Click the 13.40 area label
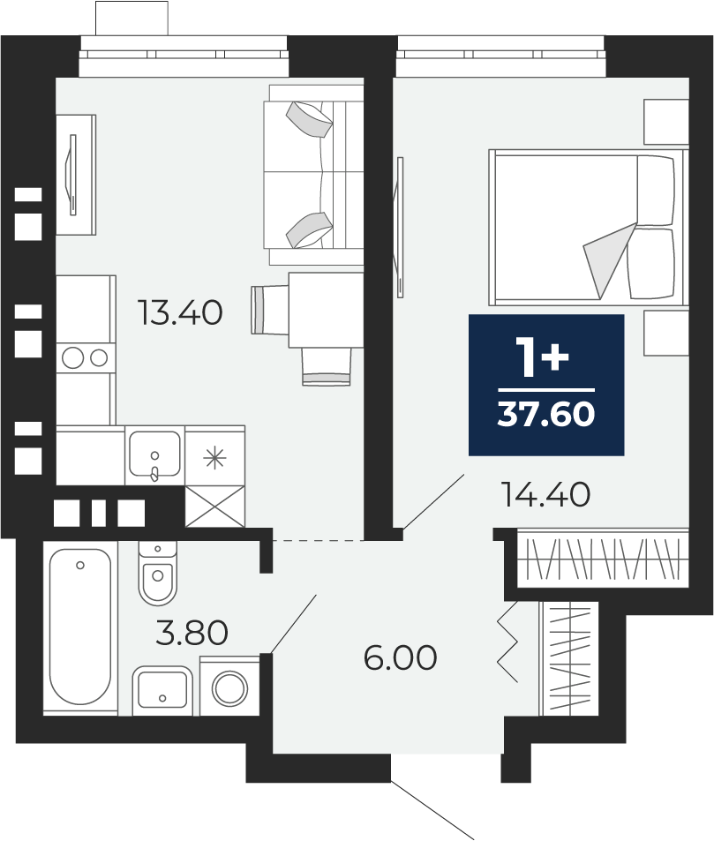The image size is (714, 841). [x=180, y=312]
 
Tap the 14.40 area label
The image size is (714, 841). [x=545, y=494]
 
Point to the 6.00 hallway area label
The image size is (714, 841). [x=400, y=658]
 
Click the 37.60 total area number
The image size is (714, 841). [x=546, y=414]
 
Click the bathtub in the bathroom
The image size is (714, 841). [x=80, y=627]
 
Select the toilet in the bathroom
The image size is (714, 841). [x=157, y=573]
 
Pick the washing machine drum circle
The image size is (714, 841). [x=229, y=688]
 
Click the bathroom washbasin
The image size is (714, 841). [x=162, y=690]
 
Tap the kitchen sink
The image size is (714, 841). [x=154, y=455]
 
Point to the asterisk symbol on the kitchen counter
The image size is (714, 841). [x=214, y=457]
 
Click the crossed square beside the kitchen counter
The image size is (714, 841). [x=214, y=507]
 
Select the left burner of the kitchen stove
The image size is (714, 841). [x=72, y=357]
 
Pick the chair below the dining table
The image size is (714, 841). [x=327, y=366]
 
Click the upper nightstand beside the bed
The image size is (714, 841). [x=666, y=122]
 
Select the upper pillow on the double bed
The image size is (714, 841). [x=655, y=190]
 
